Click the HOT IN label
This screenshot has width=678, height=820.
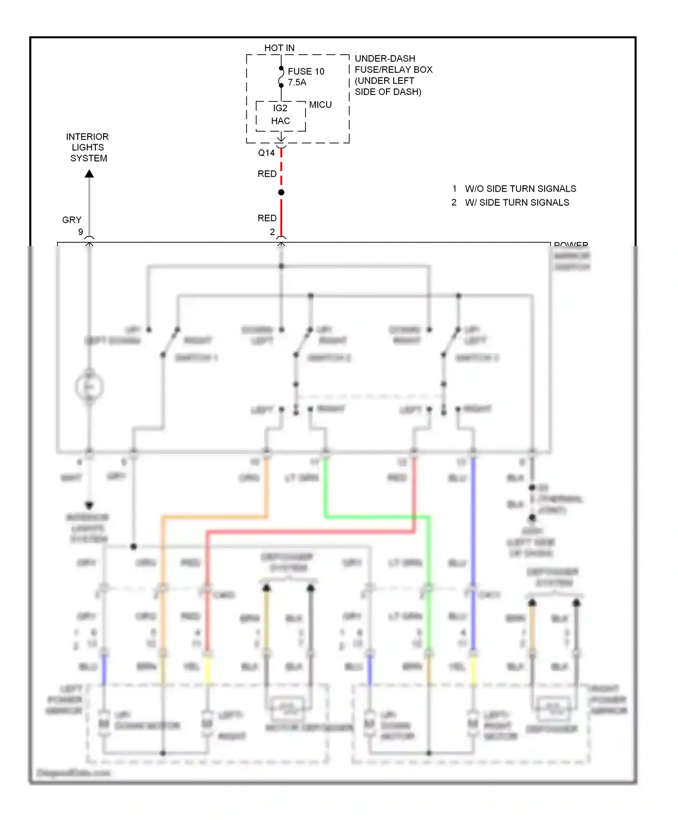click(279, 48)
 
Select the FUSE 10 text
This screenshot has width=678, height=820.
click(306, 71)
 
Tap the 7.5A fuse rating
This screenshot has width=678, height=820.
click(297, 82)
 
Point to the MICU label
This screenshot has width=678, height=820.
click(320, 104)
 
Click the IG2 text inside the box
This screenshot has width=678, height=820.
click(280, 108)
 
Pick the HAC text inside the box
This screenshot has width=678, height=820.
click(280, 121)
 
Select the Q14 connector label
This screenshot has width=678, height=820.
click(266, 153)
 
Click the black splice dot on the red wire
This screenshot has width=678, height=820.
click(281, 193)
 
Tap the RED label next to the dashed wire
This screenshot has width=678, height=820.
click(267, 174)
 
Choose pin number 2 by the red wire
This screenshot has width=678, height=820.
click(272, 231)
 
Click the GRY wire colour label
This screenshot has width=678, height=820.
click(71, 220)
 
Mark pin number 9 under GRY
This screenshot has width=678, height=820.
click(80, 231)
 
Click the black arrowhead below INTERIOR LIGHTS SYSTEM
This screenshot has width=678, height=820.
click(89, 174)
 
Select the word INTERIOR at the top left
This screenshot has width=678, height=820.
click(87, 137)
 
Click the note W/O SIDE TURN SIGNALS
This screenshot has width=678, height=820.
click(520, 189)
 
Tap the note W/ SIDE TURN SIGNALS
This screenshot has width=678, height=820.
click(517, 203)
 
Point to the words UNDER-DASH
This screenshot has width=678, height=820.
click(385, 58)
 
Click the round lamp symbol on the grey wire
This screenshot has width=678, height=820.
click(89, 386)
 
